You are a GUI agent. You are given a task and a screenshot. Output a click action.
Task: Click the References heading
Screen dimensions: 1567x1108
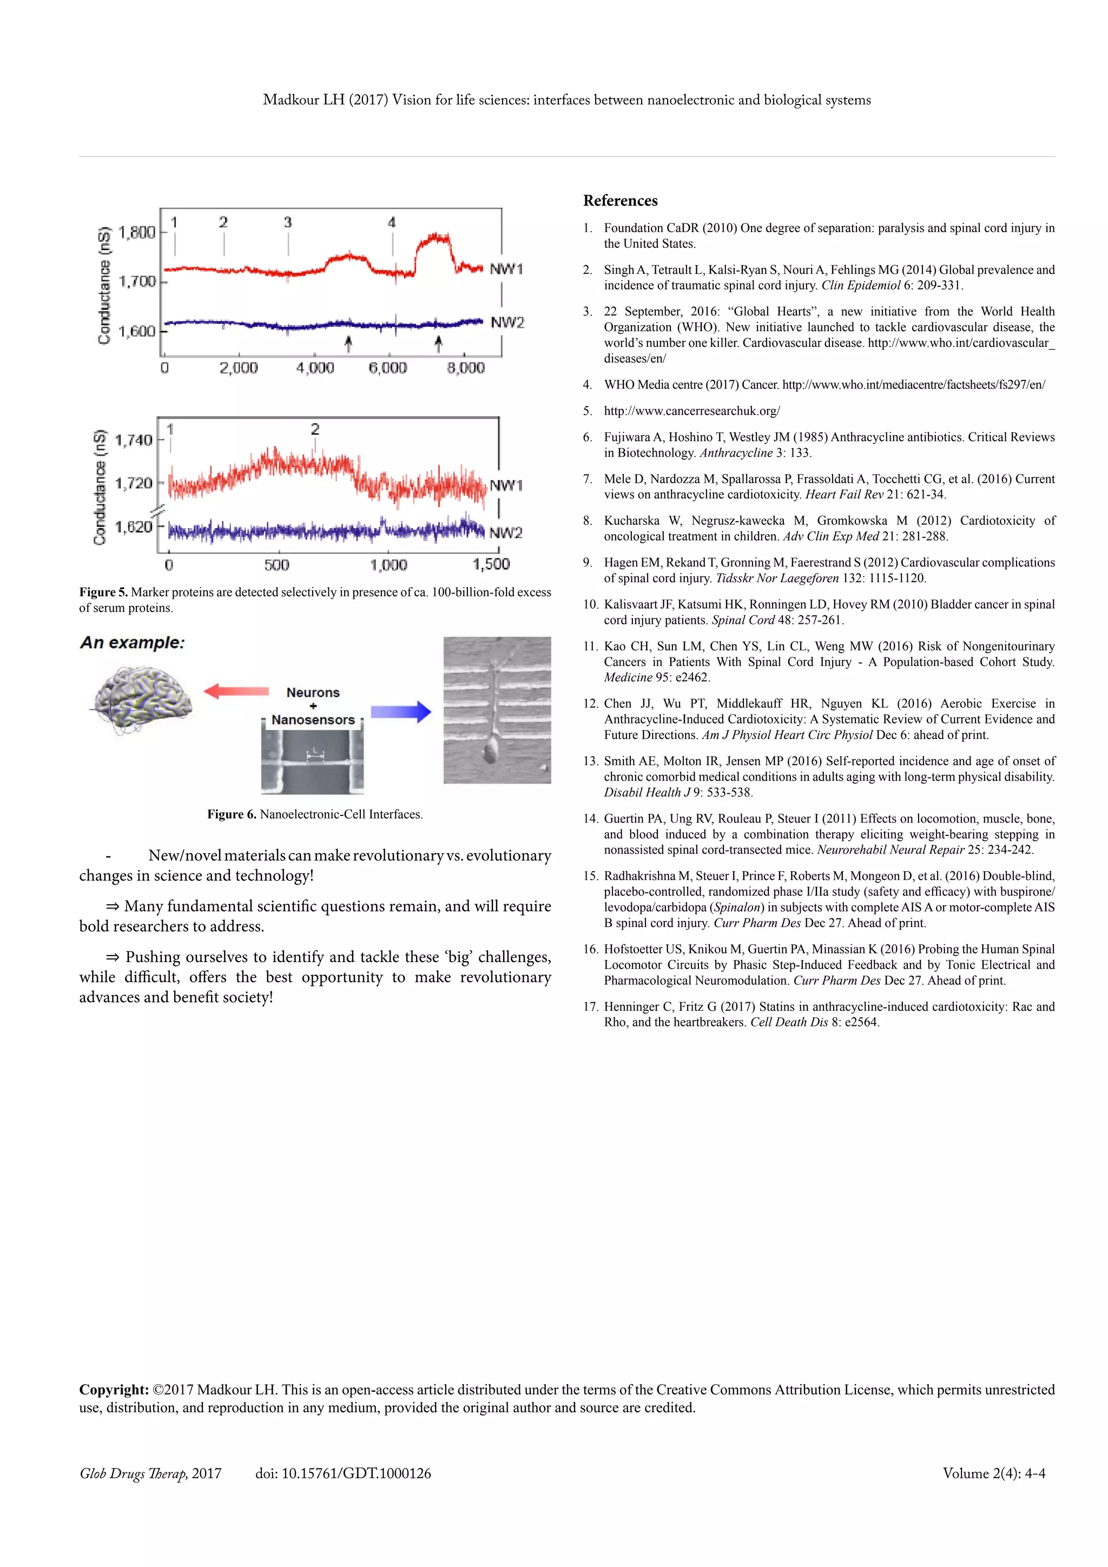point(620,201)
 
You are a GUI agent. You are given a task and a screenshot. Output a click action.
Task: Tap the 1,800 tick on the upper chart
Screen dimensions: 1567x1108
point(136,232)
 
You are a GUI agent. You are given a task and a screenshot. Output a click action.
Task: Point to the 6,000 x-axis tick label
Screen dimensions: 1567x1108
point(387,368)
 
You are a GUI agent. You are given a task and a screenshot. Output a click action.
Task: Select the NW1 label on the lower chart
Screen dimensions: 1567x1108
point(506,485)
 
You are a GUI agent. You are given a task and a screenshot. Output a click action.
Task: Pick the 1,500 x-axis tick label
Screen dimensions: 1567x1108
point(491,564)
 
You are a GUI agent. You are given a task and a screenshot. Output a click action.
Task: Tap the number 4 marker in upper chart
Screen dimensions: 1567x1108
point(392,222)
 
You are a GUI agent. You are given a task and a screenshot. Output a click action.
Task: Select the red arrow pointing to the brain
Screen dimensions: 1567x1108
point(236,692)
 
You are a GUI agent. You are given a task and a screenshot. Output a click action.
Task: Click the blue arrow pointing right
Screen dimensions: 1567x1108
point(401,712)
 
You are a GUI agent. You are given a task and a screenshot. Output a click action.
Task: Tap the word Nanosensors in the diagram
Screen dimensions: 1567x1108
point(313,720)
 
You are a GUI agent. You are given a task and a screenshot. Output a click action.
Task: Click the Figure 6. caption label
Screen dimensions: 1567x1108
point(232,814)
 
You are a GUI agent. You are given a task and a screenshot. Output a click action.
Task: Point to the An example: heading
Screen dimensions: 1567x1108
point(133,643)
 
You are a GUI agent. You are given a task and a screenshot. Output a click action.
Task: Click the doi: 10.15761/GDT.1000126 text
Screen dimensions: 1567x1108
point(343,1473)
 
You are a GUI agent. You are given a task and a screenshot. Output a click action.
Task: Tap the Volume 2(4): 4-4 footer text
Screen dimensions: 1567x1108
point(993,1473)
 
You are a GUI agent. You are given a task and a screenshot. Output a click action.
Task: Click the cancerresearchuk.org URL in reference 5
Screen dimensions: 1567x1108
point(692,411)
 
